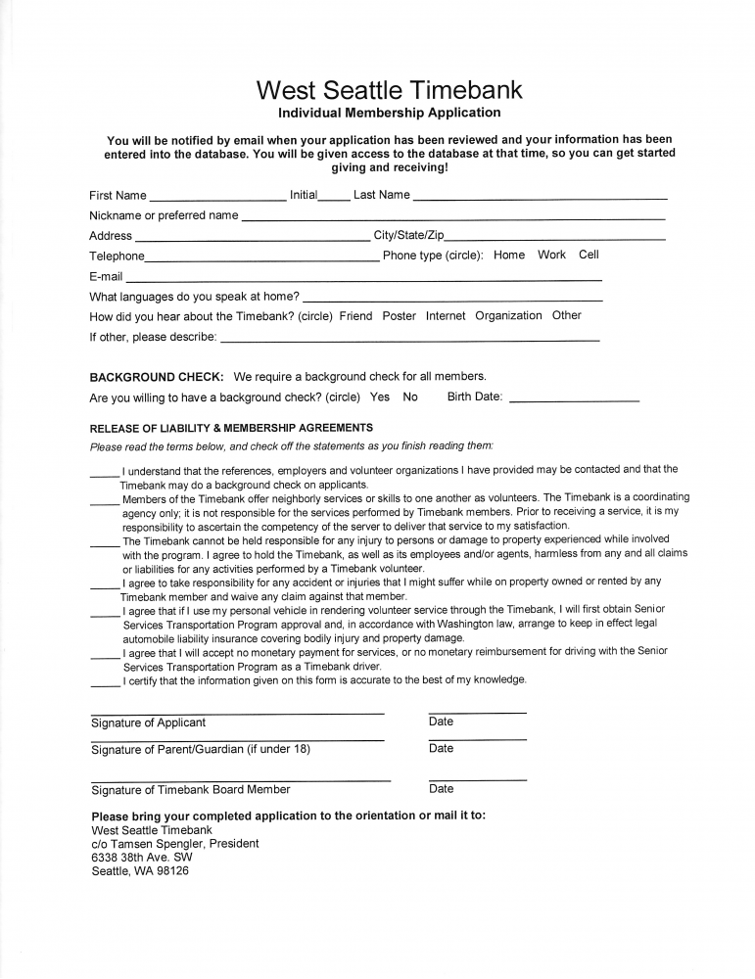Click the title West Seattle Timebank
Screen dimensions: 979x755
click(389, 91)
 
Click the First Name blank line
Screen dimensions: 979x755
click(217, 197)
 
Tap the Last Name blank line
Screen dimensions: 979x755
click(540, 197)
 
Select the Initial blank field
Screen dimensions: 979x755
click(334, 197)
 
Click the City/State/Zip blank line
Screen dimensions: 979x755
click(555, 238)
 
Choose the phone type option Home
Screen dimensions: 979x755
click(509, 255)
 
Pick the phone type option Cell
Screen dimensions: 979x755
click(589, 255)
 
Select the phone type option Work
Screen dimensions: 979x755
click(551, 255)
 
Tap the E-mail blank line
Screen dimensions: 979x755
click(363, 279)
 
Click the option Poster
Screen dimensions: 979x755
click(399, 316)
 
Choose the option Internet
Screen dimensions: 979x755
click(446, 316)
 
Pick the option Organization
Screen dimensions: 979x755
click(508, 316)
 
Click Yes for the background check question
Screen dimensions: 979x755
click(380, 397)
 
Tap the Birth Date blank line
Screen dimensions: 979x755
click(574, 400)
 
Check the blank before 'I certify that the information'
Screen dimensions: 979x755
click(105, 682)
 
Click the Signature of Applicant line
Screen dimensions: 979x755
click(237, 713)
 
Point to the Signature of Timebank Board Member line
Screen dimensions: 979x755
click(240, 779)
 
